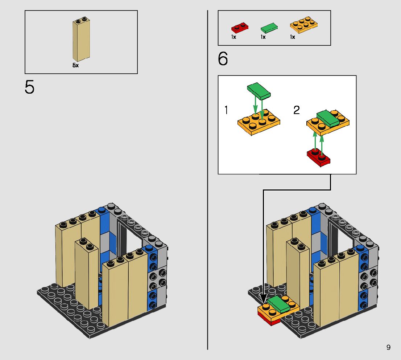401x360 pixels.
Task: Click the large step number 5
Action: tap(29, 87)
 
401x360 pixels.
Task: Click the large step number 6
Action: tap(223, 59)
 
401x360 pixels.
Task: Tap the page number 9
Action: tap(388, 347)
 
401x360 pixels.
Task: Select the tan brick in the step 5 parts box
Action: tap(81, 39)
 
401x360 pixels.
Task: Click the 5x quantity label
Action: tap(75, 65)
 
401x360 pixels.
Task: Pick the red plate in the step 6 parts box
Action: tap(240, 28)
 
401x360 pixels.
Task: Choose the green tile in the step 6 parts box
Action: tap(269, 28)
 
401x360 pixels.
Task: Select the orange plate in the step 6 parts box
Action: tap(304, 25)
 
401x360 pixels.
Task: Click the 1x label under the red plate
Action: tap(234, 37)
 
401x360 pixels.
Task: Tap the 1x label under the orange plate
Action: tap(293, 37)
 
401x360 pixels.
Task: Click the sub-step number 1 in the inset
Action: tap(226, 110)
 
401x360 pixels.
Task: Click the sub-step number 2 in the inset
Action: tap(297, 110)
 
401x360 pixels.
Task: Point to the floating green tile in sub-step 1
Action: tap(259, 91)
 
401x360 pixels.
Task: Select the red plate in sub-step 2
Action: tap(319, 157)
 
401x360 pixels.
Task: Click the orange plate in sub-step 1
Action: tap(259, 122)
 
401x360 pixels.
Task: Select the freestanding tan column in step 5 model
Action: tap(86, 274)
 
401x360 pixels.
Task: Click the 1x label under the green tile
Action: tap(263, 37)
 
